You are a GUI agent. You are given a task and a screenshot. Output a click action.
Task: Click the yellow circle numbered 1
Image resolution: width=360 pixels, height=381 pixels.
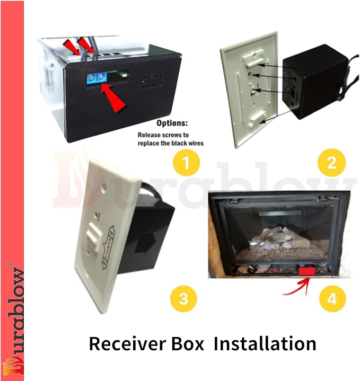click(186, 162)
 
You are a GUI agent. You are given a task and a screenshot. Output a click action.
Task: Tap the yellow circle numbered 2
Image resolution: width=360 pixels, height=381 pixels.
click(331, 162)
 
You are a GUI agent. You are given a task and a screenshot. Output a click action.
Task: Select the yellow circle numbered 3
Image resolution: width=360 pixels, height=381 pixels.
click(183, 299)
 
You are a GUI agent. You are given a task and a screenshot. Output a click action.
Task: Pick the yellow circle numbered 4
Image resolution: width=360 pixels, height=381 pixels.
click(332, 299)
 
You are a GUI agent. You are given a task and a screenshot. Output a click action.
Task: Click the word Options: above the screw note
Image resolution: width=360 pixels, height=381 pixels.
click(172, 123)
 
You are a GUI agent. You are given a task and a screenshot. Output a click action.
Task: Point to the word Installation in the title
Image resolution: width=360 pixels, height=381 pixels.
click(265, 343)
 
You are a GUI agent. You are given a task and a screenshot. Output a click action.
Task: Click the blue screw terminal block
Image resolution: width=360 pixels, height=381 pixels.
click(96, 78)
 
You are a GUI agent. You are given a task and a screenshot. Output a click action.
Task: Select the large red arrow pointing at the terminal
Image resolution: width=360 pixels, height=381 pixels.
click(114, 98)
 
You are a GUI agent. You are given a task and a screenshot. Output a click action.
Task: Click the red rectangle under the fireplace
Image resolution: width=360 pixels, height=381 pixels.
click(307, 271)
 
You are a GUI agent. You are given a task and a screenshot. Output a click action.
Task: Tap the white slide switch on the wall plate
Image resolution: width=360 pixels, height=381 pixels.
click(94, 235)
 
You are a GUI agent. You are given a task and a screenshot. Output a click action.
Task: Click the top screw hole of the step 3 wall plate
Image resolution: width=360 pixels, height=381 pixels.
click(103, 187)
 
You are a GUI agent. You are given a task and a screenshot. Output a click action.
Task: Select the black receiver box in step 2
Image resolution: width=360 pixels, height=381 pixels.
click(316, 82)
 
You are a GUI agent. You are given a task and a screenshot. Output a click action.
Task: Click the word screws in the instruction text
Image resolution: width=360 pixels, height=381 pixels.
click(170, 135)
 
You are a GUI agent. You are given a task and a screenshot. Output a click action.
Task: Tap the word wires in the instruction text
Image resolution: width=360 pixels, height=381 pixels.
click(195, 143)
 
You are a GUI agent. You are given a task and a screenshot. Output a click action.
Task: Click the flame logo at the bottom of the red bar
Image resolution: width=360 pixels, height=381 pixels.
click(12, 365)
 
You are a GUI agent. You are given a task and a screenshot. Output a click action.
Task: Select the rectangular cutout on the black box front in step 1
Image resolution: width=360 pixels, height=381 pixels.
click(152, 82)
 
